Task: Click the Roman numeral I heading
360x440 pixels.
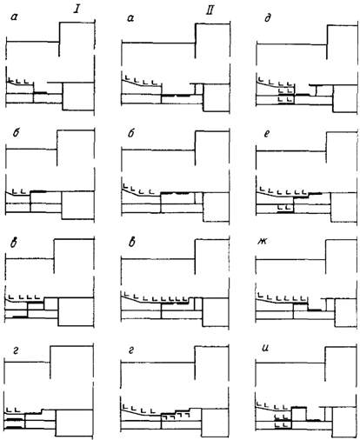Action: pyautogui.click(x=77, y=10)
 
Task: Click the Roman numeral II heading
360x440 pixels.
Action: pyautogui.click(x=210, y=10)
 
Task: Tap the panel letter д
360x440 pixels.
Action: pyautogui.click(x=268, y=18)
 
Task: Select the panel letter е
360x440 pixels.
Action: pyautogui.click(x=267, y=134)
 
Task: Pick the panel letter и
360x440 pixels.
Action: pyautogui.click(x=265, y=348)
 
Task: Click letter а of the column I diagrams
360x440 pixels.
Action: pyautogui.click(x=14, y=17)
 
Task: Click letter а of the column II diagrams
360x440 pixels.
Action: pyautogui.click(x=130, y=18)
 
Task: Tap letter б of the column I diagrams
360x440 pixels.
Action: pyautogui.click(x=17, y=133)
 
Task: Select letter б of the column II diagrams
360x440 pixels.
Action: pyautogui.click(x=131, y=133)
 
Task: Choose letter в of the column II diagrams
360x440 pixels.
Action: pyautogui.click(x=132, y=243)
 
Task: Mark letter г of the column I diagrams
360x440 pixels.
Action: pyautogui.click(x=17, y=351)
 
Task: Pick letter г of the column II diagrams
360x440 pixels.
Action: pyautogui.click(x=131, y=351)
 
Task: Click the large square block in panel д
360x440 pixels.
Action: pyautogui.click(x=345, y=98)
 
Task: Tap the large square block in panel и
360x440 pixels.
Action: pyautogui.click(x=344, y=422)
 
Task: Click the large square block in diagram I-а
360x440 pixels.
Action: pyautogui.click(x=78, y=97)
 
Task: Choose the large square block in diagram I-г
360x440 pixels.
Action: pyautogui.click(x=75, y=423)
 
